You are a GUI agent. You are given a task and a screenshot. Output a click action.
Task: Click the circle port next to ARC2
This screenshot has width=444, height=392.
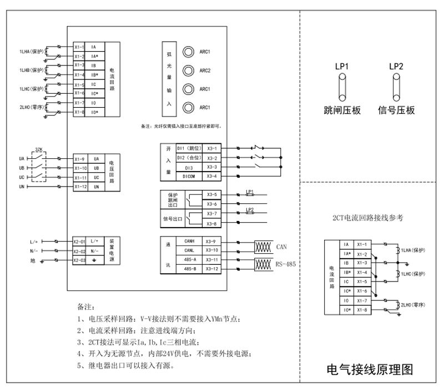pos(188,71)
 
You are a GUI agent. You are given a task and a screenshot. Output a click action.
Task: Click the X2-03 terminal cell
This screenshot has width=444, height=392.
pos(80,260)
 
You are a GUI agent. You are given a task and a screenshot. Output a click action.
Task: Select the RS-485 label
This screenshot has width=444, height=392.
pos(285,265)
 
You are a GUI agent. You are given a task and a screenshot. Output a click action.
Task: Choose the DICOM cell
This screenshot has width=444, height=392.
pos(188,177)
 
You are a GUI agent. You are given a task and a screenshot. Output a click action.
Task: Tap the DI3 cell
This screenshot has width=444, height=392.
pos(188,167)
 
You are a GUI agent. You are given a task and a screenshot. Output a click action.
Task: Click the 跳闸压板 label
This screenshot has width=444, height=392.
pos(342,110)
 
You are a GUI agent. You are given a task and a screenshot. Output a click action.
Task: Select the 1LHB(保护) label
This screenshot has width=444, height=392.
pos(31,71)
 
